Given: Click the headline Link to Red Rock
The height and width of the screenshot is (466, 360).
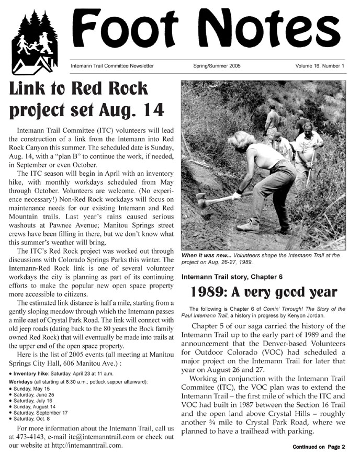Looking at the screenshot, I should click(x=77, y=89).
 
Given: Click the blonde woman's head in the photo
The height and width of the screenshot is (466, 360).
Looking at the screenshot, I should click(x=242, y=140).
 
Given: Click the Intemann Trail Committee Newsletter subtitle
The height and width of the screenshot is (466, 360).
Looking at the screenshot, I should click(x=112, y=66).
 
